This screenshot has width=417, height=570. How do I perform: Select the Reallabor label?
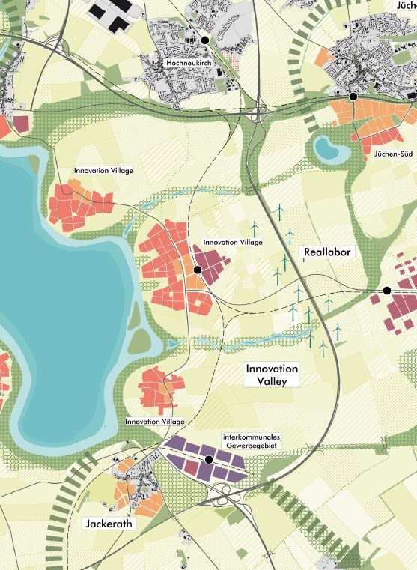pyautogui.click(x=327, y=252)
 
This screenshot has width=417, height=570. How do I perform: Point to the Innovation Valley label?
pyautogui.click(x=273, y=375)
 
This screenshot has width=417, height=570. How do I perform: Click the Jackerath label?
pyautogui.click(x=109, y=524)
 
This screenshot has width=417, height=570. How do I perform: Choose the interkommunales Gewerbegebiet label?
pyautogui.click(x=250, y=441)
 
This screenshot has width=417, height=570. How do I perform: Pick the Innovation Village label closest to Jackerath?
pyautogui.click(x=154, y=422)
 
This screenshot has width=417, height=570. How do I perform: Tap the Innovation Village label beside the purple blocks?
pyautogui.click(x=233, y=243)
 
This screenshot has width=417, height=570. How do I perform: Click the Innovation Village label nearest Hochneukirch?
pyautogui.click(x=103, y=171)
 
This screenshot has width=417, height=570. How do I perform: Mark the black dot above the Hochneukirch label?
pyautogui.click(x=204, y=40)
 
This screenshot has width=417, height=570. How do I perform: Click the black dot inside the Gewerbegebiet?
pyautogui.click(x=209, y=459)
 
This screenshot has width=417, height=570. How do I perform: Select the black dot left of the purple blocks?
pyautogui.click(x=198, y=270)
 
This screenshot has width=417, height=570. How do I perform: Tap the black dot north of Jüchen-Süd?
pyautogui.click(x=353, y=97)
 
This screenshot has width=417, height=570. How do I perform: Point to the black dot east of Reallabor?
pyautogui.click(x=387, y=290)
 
